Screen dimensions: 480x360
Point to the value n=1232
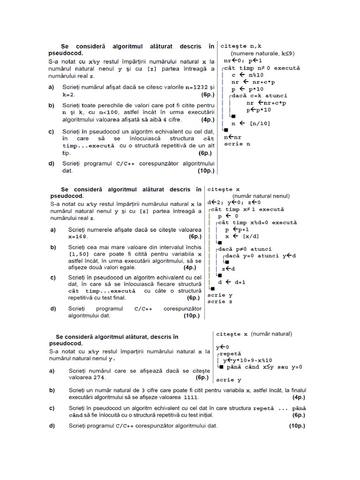(x=195, y=87)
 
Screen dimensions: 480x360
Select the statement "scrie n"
(x=237, y=144)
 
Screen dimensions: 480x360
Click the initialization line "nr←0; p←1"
(x=243, y=60)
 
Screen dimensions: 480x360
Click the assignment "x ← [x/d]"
(x=245, y=237)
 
